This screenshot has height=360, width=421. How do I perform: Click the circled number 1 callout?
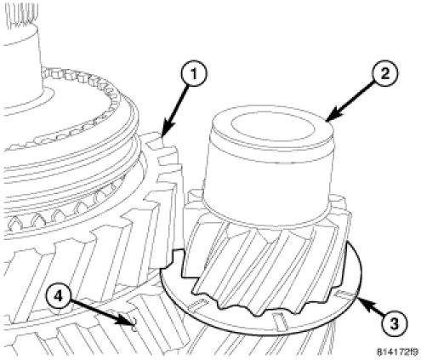pyautogui.click(x=194, y=73)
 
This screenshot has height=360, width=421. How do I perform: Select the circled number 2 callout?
pyautogui.click(x=384, y=74)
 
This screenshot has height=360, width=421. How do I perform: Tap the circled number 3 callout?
pyautogui.click(x=395, y=323)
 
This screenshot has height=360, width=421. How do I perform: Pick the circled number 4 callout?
pyautogui.click(x=59, y=297)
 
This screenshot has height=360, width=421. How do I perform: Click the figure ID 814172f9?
pyautogui.click(x=397, y=352)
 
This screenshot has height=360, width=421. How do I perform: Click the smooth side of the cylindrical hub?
pyautogui.click(x=268, y=181)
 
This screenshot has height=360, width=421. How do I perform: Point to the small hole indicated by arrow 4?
pyautogui.click(x=134, y=324)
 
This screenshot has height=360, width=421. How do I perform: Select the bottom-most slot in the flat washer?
pyautogui.click(x=280, y=320)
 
